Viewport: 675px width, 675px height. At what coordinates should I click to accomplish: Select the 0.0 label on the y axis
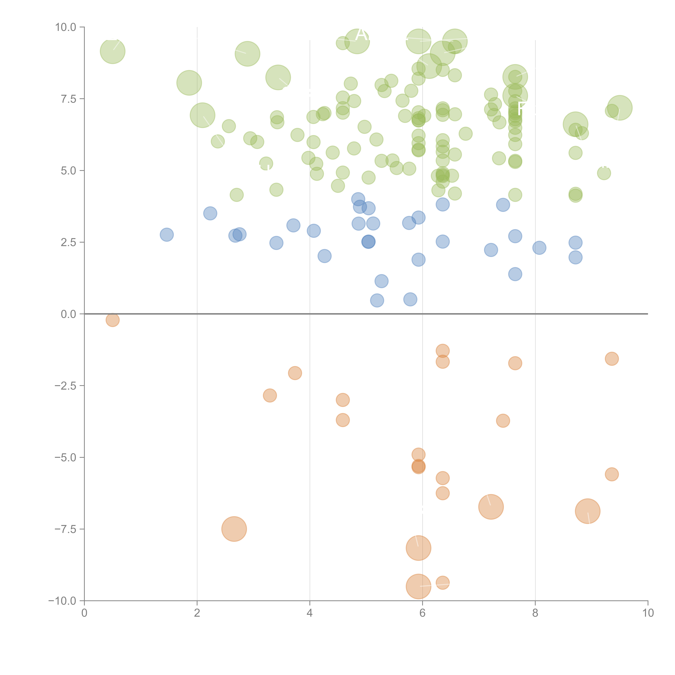click(68, 314)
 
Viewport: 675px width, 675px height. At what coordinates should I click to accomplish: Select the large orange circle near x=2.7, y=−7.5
click(234, 529)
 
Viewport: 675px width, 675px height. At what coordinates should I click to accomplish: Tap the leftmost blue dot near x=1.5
click(167, 234)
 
